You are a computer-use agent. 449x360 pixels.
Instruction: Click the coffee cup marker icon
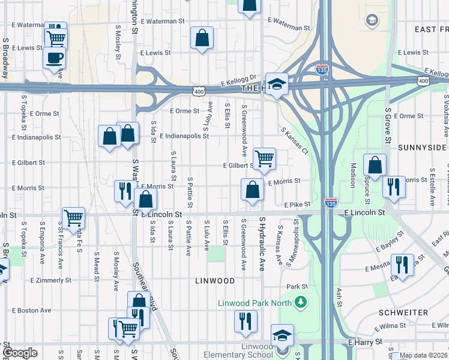pyautogui.click(x=55, y=59)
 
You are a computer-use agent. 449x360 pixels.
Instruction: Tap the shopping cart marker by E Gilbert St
pyautogui.click(x=264, y=159)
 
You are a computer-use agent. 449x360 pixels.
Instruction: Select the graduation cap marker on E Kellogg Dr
pyautogui.click(x=277, y=85)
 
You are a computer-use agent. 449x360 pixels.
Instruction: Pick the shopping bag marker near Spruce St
pyautogui.click(x=375, y=166)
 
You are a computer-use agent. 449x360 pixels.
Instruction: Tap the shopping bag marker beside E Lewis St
pyautogui.click(x=202, y=38)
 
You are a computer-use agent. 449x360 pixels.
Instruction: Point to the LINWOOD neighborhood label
pyautogui.click(x=215, y=281)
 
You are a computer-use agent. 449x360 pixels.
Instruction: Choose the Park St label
pyautogui.click(x=297, y=287)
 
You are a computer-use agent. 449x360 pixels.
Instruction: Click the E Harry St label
pyautogui.click(x=365, y=342)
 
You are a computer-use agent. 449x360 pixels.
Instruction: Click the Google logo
pyautogui.click(x=20, y=353)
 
